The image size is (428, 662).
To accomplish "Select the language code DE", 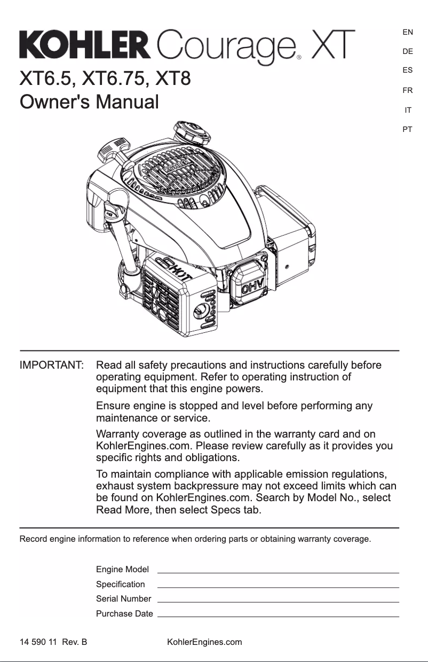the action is click(408, 51).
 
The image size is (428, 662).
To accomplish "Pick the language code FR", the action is click(408, 90).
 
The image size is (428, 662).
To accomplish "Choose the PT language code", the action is click(408, 129).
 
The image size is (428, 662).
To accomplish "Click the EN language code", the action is click(408, 32).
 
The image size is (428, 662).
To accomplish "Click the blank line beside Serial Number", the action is click(278, 601).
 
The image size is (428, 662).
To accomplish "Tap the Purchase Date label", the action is click(124, 614).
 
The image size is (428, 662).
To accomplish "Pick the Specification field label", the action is click(120, 585).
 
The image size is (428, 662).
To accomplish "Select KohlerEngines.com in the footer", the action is click(204, 642).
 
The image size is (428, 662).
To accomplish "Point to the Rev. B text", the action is click(74, 642).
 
